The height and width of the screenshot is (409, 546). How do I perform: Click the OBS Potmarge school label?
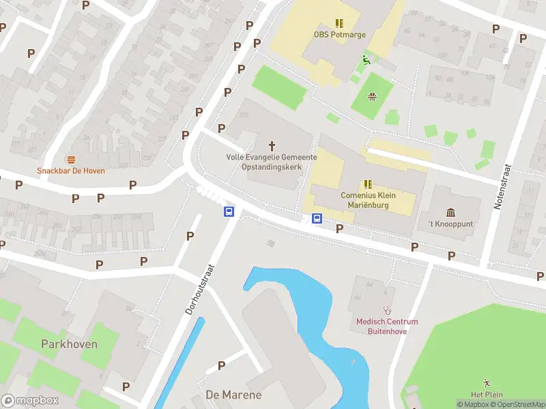tap(339, 34)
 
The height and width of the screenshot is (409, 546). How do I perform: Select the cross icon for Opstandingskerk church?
tap(272, 145)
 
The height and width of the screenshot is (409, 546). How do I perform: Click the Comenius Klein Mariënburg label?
tap(369, 200)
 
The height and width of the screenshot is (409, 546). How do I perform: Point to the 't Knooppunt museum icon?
tap(450, 213)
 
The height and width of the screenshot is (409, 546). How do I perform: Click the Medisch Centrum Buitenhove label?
tap(387, 327)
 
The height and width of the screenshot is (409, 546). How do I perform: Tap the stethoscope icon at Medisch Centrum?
tap(387, 310)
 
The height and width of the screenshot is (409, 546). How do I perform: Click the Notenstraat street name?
tap(506, 186)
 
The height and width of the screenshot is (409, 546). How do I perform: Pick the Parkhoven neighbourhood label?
tap(69, 344)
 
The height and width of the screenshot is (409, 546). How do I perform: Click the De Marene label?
tap(233, 395)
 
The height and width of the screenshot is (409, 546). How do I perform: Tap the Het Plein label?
tap(487, 395)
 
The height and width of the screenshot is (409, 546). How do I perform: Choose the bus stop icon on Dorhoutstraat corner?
tap(229, 212)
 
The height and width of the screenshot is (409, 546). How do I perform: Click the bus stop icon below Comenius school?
tap(317, 219)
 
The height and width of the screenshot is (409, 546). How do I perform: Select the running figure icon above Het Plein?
tap(487, 382)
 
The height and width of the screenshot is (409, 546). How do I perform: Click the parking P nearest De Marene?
tap(221, 366)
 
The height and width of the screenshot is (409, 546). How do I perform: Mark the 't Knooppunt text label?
tap(450, 224)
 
